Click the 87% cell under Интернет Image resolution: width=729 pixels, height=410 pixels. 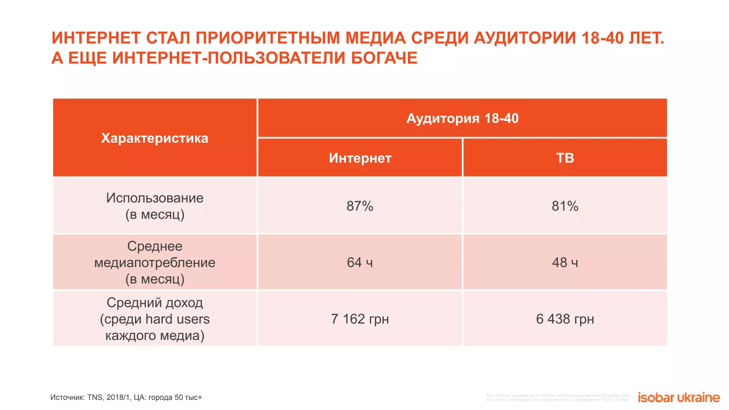[360, 206]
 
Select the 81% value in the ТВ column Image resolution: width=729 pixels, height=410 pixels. [565, 206]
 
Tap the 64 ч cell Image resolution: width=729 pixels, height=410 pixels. [360, 262]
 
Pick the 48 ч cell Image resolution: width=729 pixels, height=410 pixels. [565, 262]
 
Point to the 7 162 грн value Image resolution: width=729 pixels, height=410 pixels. [360, 319]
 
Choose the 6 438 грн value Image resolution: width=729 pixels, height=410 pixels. [565, 319]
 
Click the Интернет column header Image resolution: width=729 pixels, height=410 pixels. [360, 158]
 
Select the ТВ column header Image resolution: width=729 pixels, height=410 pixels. [565, 158]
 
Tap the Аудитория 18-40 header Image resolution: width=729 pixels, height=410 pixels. [462, 118]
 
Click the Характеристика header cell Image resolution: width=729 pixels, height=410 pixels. [154, 138]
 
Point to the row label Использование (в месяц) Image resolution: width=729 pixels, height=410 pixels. [154, 206]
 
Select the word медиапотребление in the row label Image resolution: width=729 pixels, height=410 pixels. [154, 263]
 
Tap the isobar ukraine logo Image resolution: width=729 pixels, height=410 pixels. [678, 398]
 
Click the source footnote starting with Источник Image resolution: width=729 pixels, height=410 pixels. [126, 398]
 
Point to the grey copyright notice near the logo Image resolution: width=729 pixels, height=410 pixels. [558, 398]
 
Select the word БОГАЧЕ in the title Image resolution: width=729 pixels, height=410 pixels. [384, 58]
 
